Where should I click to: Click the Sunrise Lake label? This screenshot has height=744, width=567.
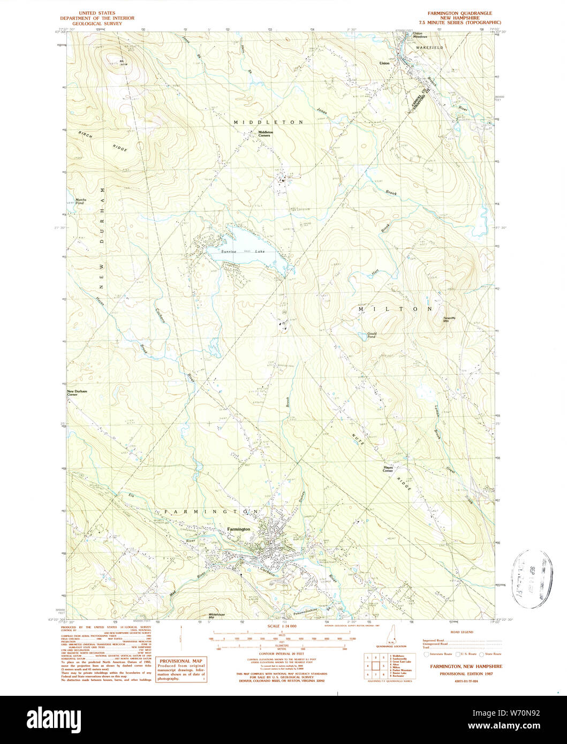click(x=236, y=251)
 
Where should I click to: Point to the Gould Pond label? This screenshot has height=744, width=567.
click(x=372, y=335)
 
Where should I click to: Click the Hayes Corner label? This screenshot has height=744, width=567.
click(x=388, y=468)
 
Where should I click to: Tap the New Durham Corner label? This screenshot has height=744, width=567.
click(x=77, y=392)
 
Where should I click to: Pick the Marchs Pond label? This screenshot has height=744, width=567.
click(x=80, y=202)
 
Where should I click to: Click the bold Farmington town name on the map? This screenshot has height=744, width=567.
click(x=238, y=529)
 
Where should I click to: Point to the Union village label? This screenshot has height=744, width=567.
click(x=384, y=63)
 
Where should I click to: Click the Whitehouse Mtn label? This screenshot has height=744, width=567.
click(x=215, y=616)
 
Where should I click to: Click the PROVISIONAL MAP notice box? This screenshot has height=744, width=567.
click(x=181, y=670)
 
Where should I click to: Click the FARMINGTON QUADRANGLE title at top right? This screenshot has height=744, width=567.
click(x=459, y=12)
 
